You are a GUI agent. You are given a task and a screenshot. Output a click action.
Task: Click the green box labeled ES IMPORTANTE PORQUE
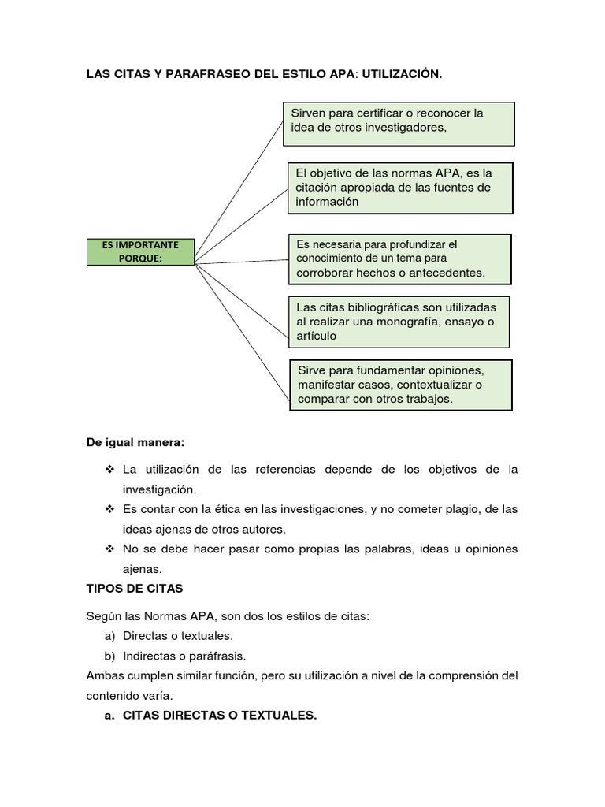(139, 251)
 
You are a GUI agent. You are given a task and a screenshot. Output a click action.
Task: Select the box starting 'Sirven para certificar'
(399, 123)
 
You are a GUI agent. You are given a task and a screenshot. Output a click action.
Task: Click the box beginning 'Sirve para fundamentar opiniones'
(402, 385)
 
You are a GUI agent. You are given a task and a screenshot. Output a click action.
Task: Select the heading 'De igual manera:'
(135, 442)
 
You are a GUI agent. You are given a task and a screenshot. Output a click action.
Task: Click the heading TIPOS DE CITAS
(135, 587)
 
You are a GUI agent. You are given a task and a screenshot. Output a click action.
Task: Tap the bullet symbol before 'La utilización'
(109, 470)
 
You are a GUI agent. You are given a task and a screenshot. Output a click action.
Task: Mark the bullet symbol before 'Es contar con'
(109, 509)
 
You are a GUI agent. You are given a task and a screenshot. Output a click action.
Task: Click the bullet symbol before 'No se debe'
(109, 549)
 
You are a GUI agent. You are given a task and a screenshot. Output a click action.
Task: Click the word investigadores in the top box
(403, 129)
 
